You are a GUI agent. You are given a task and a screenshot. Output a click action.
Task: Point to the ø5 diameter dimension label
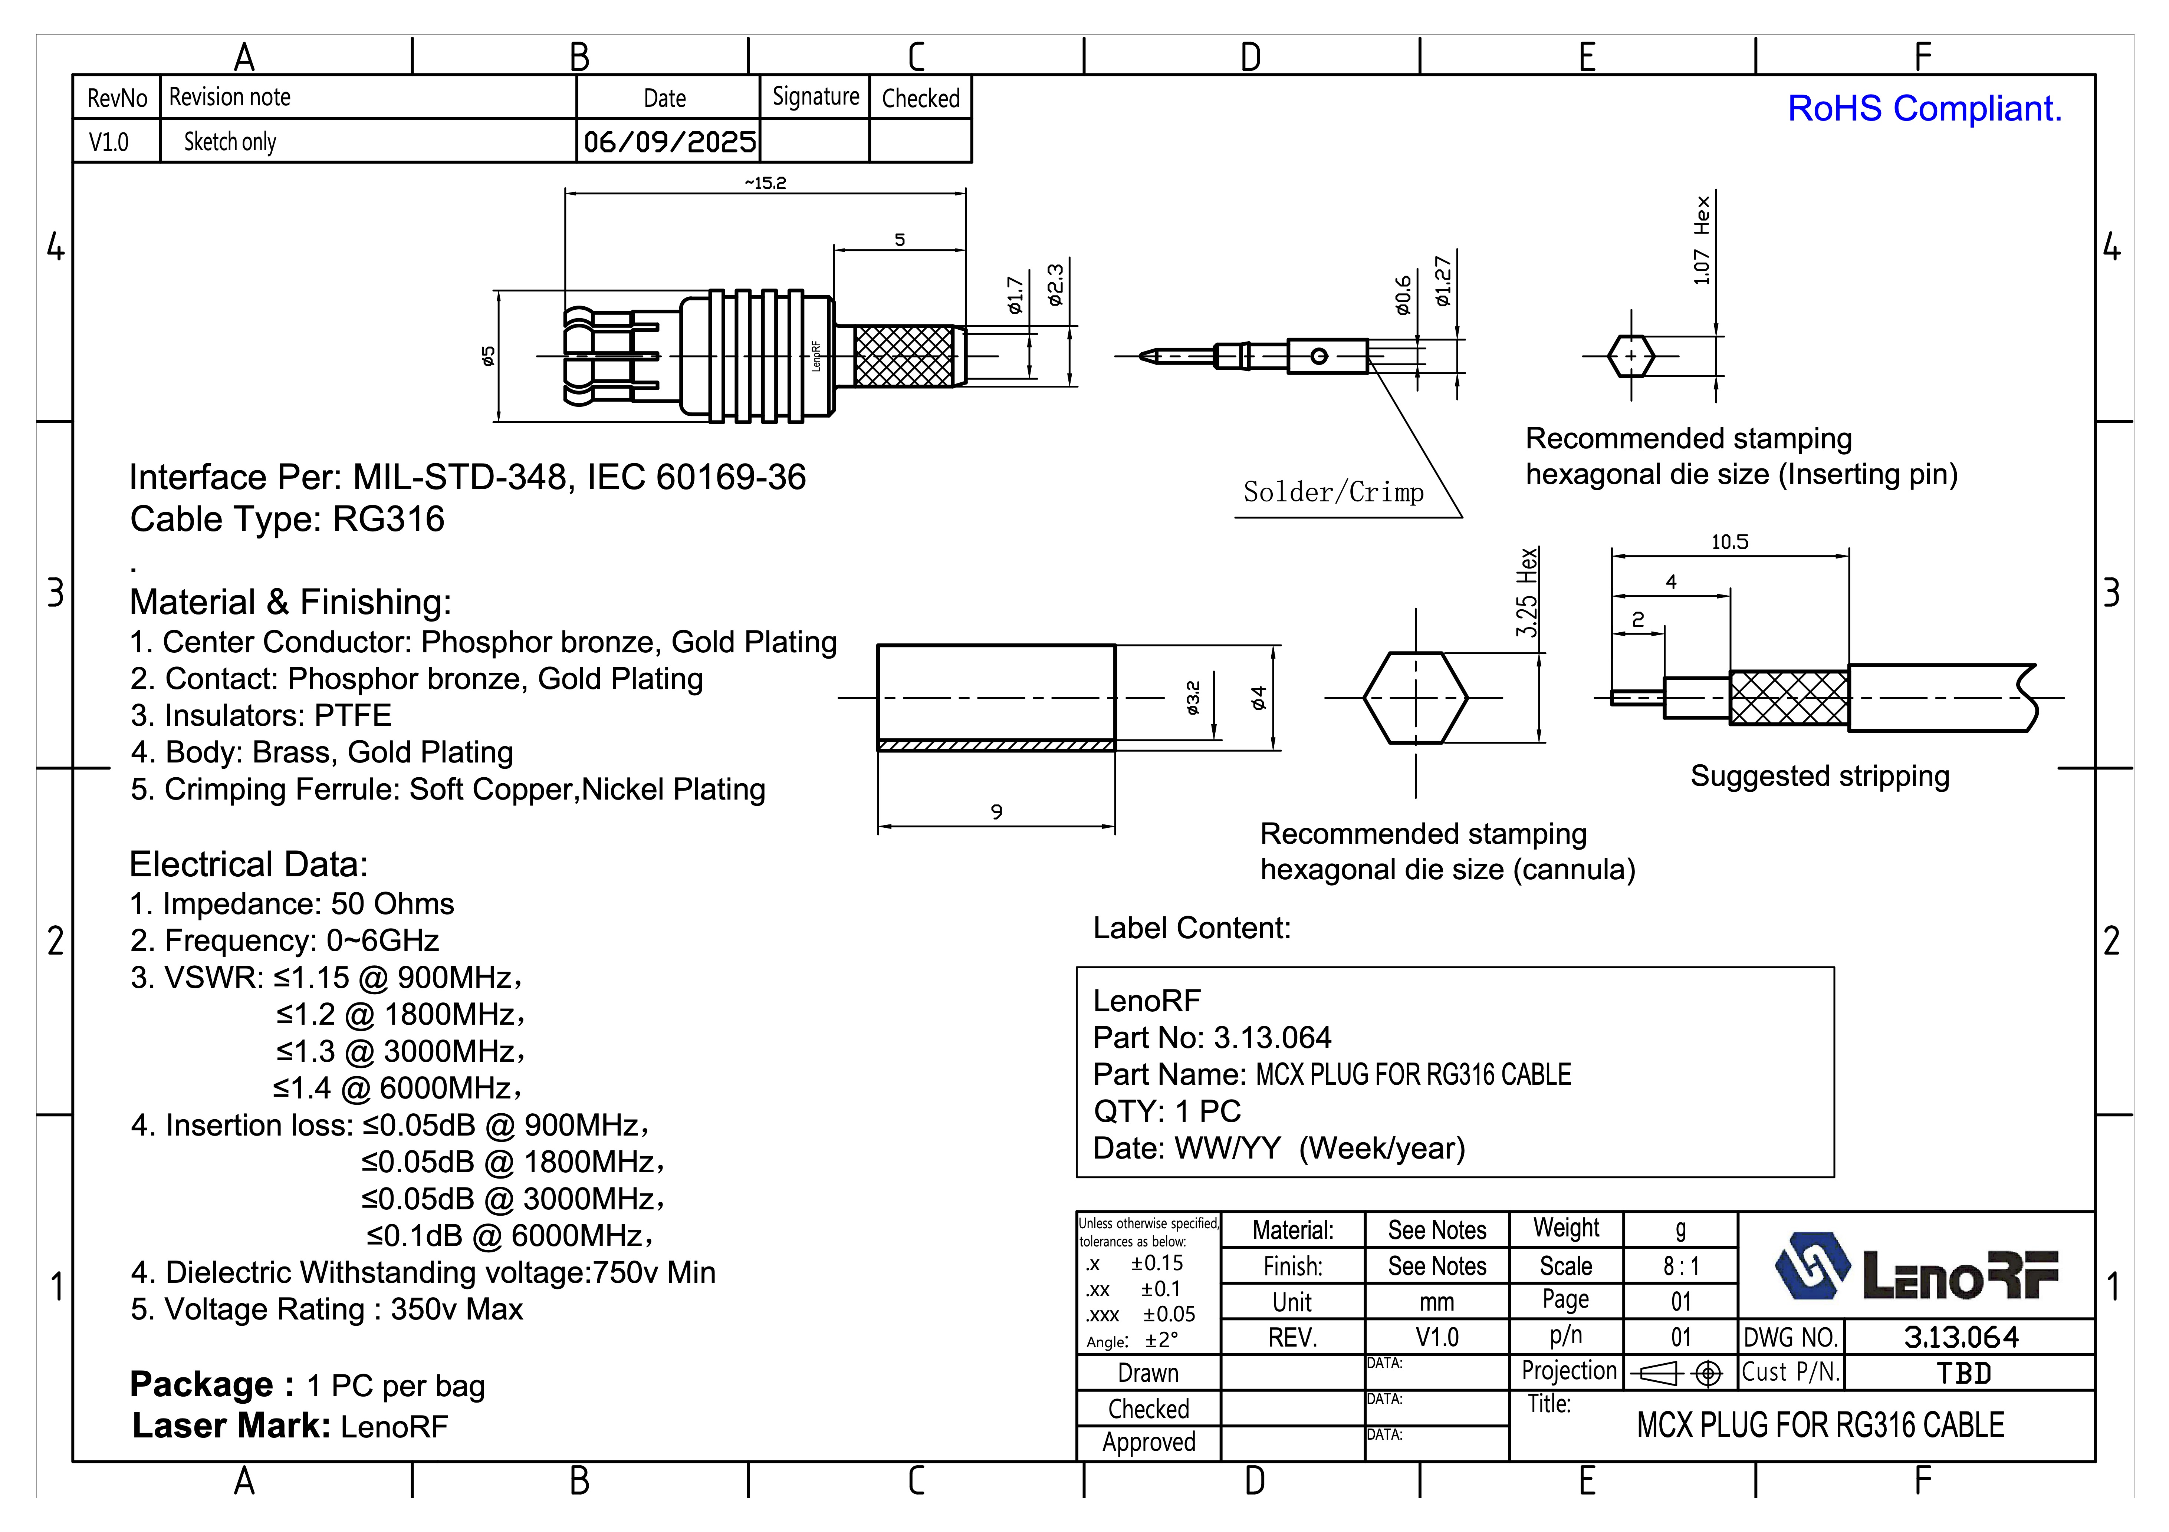[x=487, y=356]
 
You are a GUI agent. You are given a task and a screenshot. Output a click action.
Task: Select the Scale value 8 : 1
[x=1680, y=1266]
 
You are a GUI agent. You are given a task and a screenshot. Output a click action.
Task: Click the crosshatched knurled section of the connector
[x=903, y=356]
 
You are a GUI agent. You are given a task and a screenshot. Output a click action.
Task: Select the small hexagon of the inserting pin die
[x=1630, y=356]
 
